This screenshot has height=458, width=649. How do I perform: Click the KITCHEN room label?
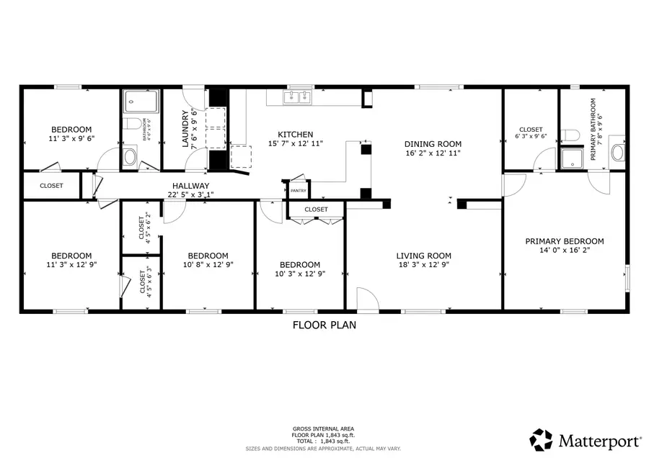296,135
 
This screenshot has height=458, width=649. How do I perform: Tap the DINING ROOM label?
432,143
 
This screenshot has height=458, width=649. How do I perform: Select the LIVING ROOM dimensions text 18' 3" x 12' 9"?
423,265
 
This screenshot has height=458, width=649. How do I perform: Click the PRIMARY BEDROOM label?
564,241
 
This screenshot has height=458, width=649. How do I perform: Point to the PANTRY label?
298,191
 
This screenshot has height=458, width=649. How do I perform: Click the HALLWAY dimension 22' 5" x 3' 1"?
190,194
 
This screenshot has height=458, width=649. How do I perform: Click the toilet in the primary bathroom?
572,135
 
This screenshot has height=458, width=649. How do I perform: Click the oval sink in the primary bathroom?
618,153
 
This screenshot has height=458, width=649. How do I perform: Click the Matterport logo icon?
541,439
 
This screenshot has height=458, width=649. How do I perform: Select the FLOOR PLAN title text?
324,325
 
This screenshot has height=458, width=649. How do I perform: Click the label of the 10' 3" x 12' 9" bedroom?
300,264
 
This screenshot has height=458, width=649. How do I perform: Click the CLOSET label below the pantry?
316,210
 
